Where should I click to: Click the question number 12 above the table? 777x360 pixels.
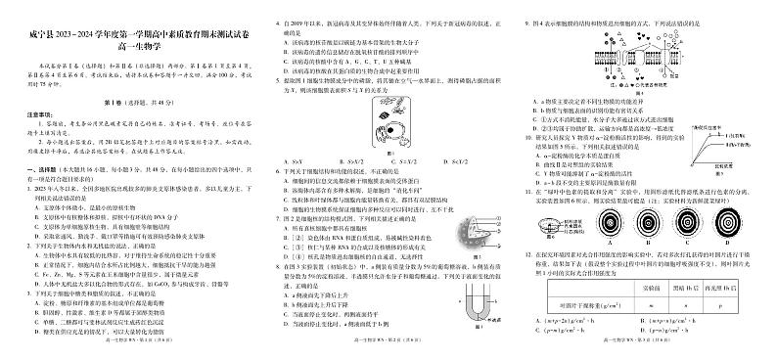[x=528, y=251]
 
